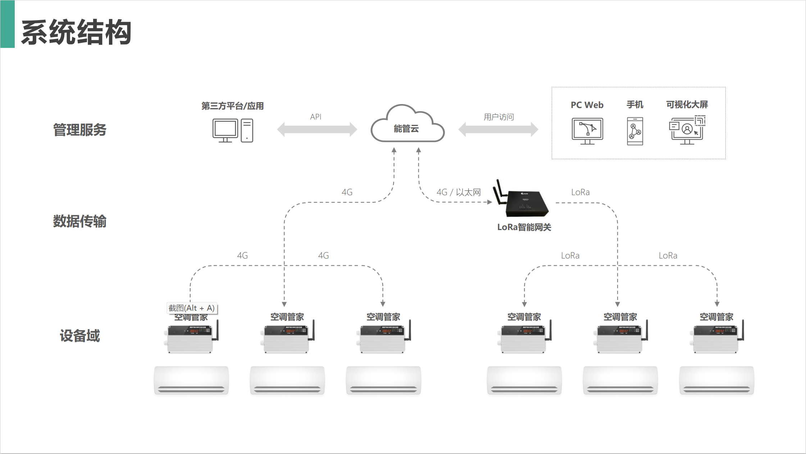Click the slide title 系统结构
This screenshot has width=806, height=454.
(76, 32)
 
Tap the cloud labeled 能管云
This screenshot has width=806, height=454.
(407, 126)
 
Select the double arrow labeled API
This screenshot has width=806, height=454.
(317, 129)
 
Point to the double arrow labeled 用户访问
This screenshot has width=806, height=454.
(498, 129)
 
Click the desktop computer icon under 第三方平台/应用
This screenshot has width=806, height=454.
(232, 130)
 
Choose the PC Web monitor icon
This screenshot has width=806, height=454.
(587, 131)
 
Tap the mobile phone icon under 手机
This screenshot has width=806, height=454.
(635, 131)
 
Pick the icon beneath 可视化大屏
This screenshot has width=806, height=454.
(687, 130)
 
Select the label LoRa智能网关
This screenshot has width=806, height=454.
(524, 227)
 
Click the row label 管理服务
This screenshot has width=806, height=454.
(80, 130)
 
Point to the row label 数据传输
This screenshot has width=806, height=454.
(80, 221)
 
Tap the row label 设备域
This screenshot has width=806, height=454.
(80, 336)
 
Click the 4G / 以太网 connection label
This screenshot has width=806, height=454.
(459, 192)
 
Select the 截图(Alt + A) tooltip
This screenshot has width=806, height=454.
(192, 308)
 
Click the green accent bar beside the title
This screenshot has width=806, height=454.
(7, 24)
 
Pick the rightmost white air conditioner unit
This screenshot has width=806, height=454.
(716, 380)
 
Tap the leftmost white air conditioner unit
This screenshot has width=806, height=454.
(191, 380)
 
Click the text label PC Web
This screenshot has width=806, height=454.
(587, 105)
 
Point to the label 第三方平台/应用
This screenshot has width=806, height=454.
(232, 106)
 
